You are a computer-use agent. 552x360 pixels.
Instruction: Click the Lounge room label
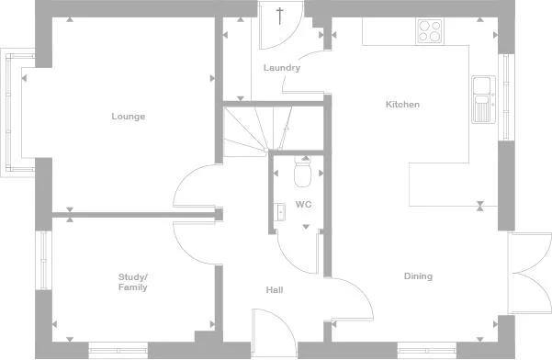pyautogui.click(x=129, y=117)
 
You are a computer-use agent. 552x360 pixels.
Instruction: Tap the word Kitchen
pyautogui.click(x=401, y=105)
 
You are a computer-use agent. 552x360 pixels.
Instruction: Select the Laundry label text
pyautogui.click(x=282, y=68)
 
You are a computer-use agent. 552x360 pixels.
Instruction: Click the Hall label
pyautogui.click(x=274, y=290)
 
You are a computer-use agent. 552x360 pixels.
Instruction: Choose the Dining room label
pyautogui.click(x=418, y=276)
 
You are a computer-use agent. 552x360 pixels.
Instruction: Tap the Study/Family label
pyautogui.click(x=133, y=282)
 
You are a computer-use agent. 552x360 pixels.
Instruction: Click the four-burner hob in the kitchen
pyautogui.click(x=430, y=30)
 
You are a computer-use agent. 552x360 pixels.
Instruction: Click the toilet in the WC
pyautogui.click(x=303, y=172)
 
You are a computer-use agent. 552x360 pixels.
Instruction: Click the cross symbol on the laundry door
pyautogui.click(x=280, y=16)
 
